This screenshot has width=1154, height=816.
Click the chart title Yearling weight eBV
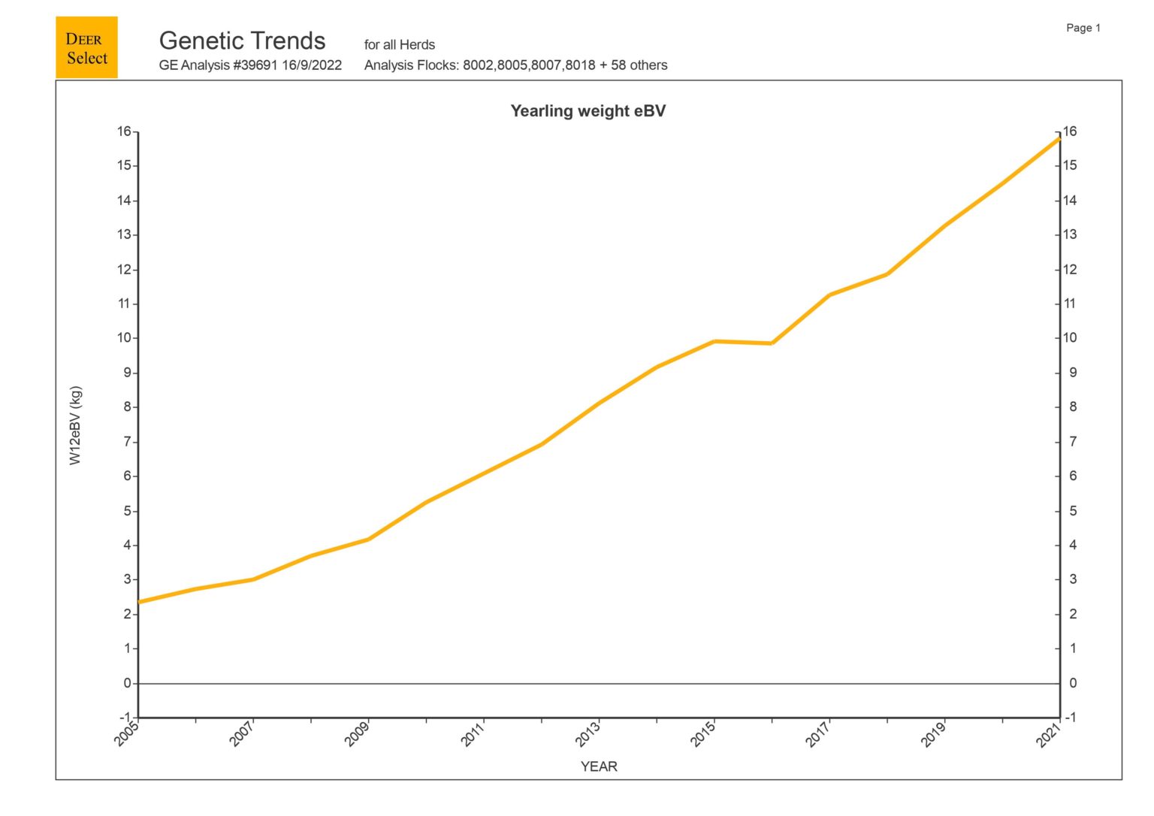click(588, 111)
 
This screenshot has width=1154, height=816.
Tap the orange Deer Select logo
click(86, 48)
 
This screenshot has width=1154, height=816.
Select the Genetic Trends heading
click(242, 41)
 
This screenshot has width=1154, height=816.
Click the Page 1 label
click(1083, 28)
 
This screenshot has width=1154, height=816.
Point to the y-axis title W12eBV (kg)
click(75, 425)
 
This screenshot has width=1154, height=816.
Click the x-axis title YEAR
click(599, 766)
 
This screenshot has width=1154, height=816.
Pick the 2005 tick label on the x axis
click(127, 733)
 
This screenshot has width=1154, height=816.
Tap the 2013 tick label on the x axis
click(588, 733)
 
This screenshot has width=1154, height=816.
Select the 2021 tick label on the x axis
click(1049, 733)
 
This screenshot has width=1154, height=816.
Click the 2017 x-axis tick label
click(818, 733)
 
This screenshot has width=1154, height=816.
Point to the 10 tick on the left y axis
click(124, 338)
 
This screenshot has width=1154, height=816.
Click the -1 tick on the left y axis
click(125, 718)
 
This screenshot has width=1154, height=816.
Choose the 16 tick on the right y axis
click(1069, 131)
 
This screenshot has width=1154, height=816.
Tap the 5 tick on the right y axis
click(1073, 511)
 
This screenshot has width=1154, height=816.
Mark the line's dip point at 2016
click(772, 343)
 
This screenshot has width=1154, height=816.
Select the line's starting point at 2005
click(139, 602)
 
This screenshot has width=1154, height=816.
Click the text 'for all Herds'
click(400, 45)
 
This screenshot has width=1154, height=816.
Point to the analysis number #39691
click(255, 65)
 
